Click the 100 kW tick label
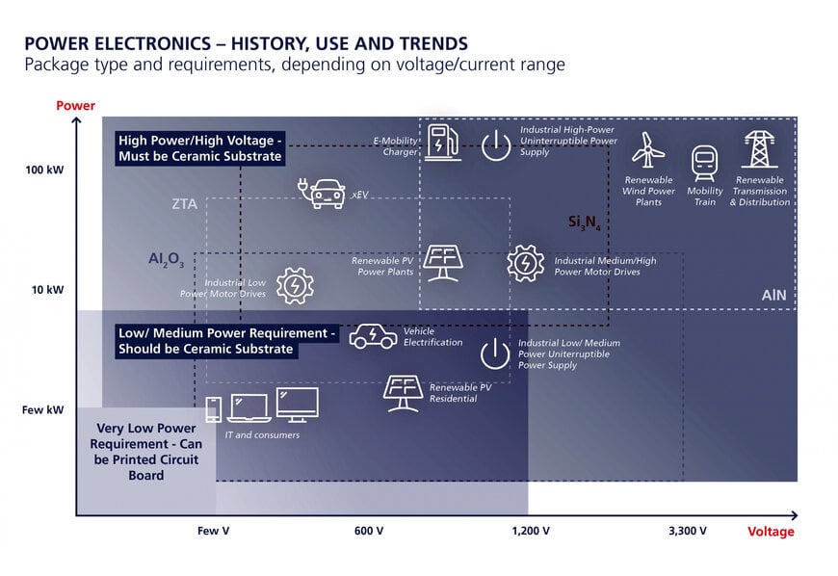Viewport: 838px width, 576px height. (x=44, y=170)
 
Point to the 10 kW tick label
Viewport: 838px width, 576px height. (x=47, y=290)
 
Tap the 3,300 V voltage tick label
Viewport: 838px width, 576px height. (x=688, y=531)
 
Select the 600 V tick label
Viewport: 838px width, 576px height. (x=369, y=531)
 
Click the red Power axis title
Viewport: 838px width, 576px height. (x=75, y=105)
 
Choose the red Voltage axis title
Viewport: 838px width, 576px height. (x=771, y=531)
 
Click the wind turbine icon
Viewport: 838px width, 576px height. (x=647, y=149)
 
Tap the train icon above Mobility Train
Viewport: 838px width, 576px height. (x=704, y=163)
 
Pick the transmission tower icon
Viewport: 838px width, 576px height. (x=759, y=149)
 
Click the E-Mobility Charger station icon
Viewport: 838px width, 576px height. (x=444, y=142)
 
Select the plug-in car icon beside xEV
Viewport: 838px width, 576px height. (x=322, y=193)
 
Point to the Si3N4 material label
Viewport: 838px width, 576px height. (x=584, y=223)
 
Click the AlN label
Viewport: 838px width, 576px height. (x=773, y=295)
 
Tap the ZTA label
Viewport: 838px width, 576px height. (x=184, y=203)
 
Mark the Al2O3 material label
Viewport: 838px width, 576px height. (x=167, y=260)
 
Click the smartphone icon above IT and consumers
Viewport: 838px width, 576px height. (x=214, y=409)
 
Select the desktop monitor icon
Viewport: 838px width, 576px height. (x=298, y=405)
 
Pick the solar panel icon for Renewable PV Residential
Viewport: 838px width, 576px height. (x=403, y=394)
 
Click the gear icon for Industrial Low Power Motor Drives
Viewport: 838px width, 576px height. (x=295, y=286)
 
